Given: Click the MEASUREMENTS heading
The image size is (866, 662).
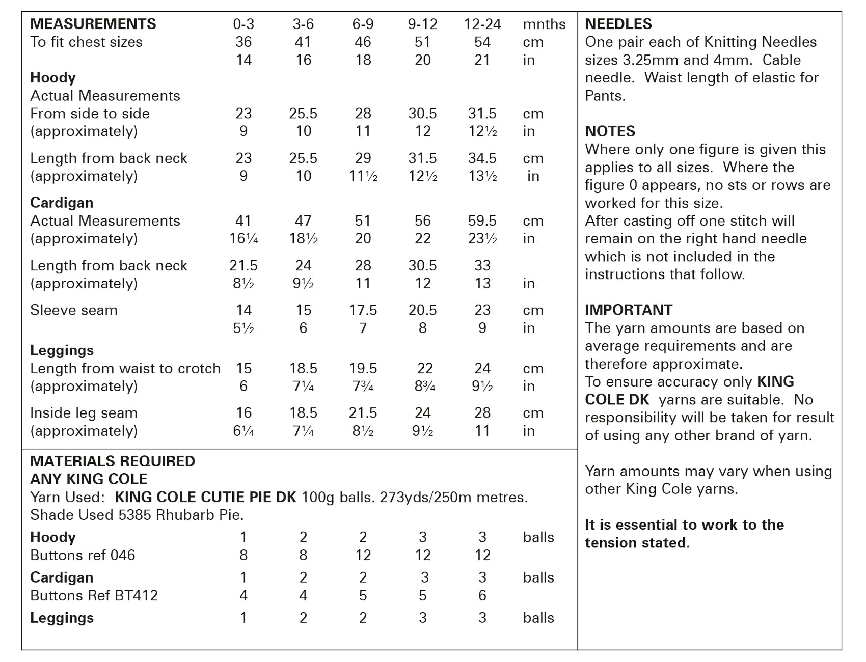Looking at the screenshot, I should coord(93,24).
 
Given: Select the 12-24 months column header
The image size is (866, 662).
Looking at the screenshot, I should coord(482,24).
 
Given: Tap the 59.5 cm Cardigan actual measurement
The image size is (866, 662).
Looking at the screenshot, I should coord(482,220).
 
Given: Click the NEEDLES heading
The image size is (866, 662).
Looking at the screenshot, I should coord(618,24).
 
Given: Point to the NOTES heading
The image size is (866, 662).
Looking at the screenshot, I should coord(610,131).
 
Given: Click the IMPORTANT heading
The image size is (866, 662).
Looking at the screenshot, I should coord(628,310).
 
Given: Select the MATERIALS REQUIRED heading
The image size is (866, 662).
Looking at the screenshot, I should coord(113,461).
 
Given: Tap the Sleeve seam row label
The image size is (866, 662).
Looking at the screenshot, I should coord(74,310).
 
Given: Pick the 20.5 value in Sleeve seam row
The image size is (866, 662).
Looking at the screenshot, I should coord(422,310).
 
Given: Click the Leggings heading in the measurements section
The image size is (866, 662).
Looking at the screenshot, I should coord(62,350).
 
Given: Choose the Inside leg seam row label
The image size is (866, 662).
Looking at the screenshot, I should coord(84,412).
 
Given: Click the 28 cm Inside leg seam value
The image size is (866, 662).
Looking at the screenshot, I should coord(482,412).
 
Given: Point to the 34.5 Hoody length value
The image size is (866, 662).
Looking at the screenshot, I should coord(482,158).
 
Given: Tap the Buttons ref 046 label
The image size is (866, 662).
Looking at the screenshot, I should coord(83,555).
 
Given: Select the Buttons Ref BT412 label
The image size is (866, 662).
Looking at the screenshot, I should coord(94,595).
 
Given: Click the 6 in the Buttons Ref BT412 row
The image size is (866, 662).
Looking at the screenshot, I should coord(482,595).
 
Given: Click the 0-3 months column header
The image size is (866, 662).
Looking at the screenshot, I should coord(243,24).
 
